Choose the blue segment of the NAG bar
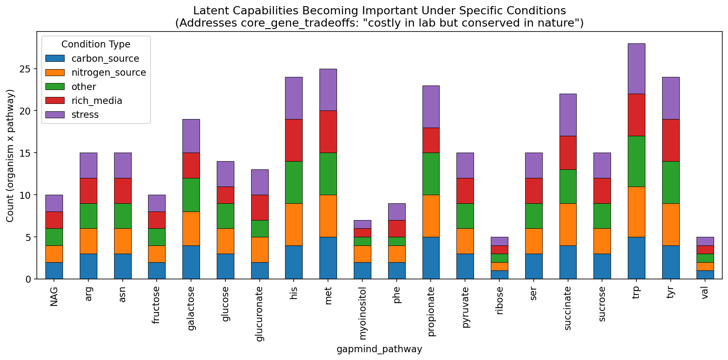point(54,270)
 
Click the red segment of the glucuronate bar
point(259,207)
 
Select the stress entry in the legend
point(85,115)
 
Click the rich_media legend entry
point(97,101)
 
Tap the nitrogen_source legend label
point(108,72)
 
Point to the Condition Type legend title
point(96,44)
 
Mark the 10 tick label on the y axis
point(25,195)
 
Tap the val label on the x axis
point(704,295)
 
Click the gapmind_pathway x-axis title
point(379,349)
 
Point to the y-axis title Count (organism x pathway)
point(10,155)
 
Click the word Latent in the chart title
point(210,11)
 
